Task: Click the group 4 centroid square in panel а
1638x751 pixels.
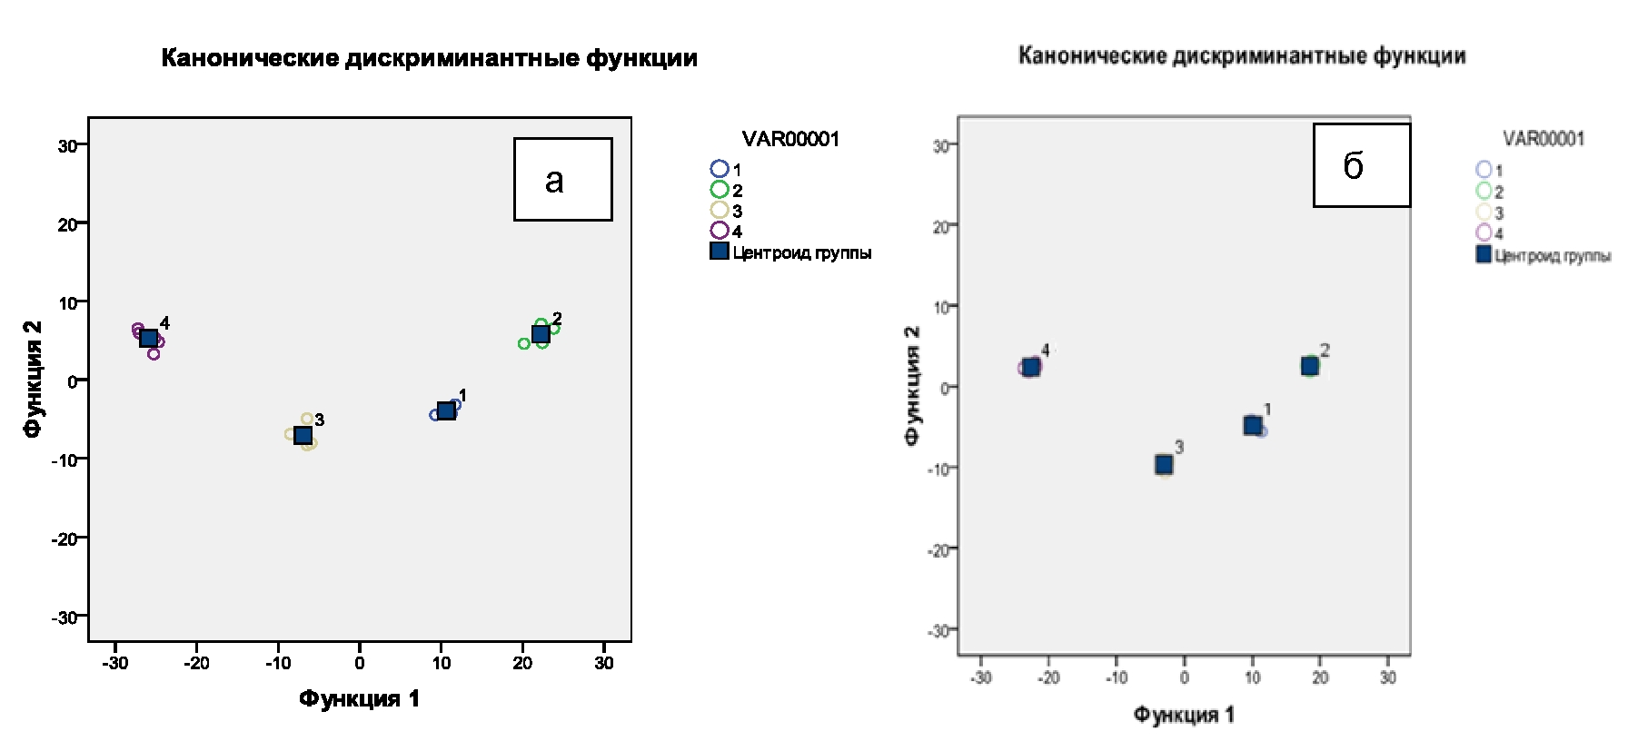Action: click(149, 338)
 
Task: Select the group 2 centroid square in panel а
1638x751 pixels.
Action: click(541, 334)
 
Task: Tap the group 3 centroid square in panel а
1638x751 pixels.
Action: click(303, 435)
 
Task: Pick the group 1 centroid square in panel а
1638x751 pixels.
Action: click(446, 410)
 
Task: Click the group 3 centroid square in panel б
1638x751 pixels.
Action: click(1164, 465)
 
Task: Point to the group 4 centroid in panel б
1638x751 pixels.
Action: click(1031, 367)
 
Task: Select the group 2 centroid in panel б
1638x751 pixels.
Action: click(1309, 366)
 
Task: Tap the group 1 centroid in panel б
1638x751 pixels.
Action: click(1253, 425)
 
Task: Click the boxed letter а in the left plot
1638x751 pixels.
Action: click(554, 181)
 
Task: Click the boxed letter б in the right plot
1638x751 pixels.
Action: click(1354, 166)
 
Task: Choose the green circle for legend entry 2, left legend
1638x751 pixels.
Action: click(720, 190)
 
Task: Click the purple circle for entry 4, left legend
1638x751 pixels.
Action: click(720, 231)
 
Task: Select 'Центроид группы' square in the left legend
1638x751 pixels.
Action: click(720, 252)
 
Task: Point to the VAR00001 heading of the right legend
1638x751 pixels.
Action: click(1544, 139)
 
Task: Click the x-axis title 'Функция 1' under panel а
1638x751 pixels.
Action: click(360, 698)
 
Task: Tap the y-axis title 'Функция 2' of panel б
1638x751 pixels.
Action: click(913, 385)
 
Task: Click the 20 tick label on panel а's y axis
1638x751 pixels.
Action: click(67, 224)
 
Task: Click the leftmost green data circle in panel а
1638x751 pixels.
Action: click(524, 343)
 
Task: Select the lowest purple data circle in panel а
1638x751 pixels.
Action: click(154, 354)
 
